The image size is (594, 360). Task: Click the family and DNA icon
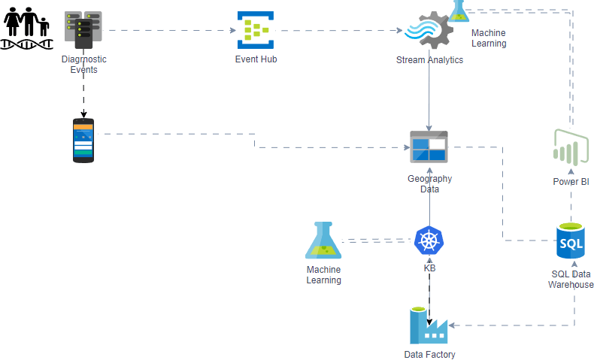(x=27, y=27)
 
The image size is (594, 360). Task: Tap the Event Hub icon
(x=255, y=30)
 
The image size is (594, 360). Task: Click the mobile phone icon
(x=83, y=140)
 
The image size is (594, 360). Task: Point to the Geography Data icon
(x=429, y=147)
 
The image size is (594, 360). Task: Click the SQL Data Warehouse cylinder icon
(x=570, y=242)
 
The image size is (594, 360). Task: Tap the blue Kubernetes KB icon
(x=429, y=241)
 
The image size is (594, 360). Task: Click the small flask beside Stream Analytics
(x=459, y=11)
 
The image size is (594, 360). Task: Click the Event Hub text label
(x=256, y=59)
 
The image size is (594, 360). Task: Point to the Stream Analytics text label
(x=429, y=60)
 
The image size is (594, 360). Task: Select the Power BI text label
(x=571, y=182)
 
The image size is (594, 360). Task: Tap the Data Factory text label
(x=429, y=355)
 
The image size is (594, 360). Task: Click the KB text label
(x=429, y=268)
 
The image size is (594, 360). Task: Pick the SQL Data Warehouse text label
(x=571, y=279)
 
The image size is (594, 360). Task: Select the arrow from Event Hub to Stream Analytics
(x=338, y=31)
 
